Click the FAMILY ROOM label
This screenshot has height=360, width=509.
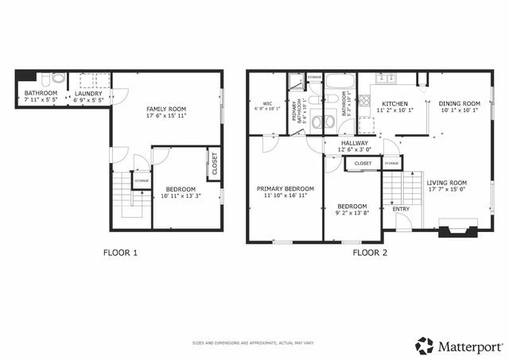coord(165,108)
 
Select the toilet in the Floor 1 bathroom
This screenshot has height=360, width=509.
coord(47,79)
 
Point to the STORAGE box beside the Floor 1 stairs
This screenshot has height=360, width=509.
coord(142,181)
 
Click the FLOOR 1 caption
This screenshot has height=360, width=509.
coord(120,253)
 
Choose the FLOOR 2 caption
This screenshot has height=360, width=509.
coord(370,253)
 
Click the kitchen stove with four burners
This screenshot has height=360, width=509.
coord(364,101)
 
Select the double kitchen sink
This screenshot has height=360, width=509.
coord(387,79)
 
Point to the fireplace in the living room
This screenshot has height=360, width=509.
coord(459,232)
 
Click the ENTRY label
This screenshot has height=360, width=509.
coord(401,209)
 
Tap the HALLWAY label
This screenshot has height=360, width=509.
coord(354,143)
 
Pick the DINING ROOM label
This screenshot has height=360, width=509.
coord(460,103)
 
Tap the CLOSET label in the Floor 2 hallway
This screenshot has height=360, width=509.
coord(363,163)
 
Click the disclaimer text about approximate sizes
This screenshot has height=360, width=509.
coord(254,343)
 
